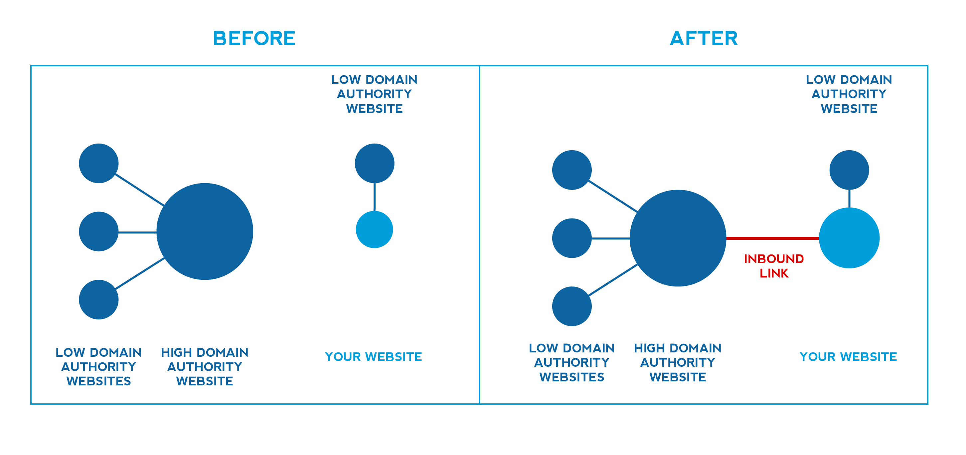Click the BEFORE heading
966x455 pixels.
pyautogui.click(x=254, y=38)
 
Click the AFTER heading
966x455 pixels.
pyautogui.click(x=704, y=38)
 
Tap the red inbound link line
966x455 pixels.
pyautogui.click(x=772, y=238)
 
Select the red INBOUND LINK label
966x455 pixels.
pyautogui.click(x=774, y=266)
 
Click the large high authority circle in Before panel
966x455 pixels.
pyautogui.click(x=205, y=231)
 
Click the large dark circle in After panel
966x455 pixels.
pyautogui.click(x=678, y=238)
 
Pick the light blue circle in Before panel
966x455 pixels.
pyautogui.click(x=374, y=229)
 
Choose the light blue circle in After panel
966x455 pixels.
pyautogui.click(x=849, y=238)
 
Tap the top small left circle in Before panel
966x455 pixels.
pyautogui.click(x=98, y=163)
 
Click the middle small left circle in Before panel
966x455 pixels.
pyautogui.click(x=98, y=231)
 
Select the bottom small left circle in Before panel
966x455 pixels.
pyautogui.click(x=98, y=299)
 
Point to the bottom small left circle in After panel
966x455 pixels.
pyautogui.click(x=571, y=306)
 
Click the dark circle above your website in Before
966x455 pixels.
pyautogui.click(x=374, y=163)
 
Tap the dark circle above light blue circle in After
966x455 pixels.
pyautogui.click(x=849, y=170)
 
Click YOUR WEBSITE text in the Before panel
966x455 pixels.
pyautogui.click(x=374, y=357)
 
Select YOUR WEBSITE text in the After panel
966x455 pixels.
pyautogui.click(x=848, y=357)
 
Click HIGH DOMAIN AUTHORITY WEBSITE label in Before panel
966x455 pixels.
pyautogui.click(x=205, y=366)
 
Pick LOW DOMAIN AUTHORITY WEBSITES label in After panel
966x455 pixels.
pyautogui.click(x=571, y=362)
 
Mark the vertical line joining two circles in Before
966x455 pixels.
pyautogui.click(x=374, y=197)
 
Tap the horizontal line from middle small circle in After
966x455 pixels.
pyautogui.click(x=610, y=238)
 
